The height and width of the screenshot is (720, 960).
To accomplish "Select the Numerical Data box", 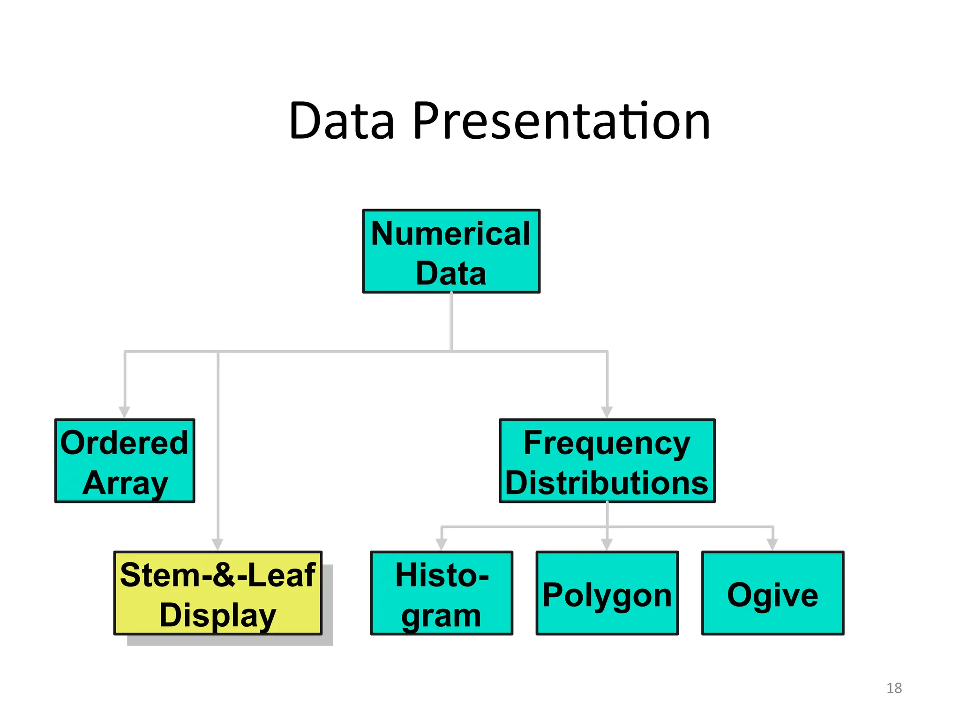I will click(451, 252).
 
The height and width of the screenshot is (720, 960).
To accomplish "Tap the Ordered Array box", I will click(125, 461).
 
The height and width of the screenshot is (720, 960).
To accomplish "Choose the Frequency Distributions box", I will click(607, 461).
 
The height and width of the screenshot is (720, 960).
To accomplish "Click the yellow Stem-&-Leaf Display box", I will click(218, 593).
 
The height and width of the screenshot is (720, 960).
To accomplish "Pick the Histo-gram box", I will click(442, 593).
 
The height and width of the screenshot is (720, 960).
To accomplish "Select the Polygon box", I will click(607, 593).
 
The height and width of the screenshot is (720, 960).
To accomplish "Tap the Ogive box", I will click(772, 593).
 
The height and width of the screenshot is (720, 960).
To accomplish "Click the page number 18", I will click(894, 688).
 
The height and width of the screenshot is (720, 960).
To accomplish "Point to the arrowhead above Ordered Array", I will click(124, 412).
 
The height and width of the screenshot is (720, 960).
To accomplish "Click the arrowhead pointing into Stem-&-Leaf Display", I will click(217, 544).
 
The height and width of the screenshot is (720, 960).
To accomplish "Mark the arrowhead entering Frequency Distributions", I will click(607, 412).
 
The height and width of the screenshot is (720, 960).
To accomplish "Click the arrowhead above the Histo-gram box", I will click(442, 544).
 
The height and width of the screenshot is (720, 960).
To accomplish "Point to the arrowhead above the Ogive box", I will click(772, 544).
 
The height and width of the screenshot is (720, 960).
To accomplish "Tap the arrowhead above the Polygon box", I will click(607, 544).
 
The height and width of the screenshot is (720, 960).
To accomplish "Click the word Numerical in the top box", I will click(451, 233).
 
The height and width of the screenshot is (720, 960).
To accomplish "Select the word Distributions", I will click(607, 483).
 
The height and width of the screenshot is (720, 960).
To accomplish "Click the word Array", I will click(126, 483).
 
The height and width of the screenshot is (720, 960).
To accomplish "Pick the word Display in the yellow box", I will click(218, 615).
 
